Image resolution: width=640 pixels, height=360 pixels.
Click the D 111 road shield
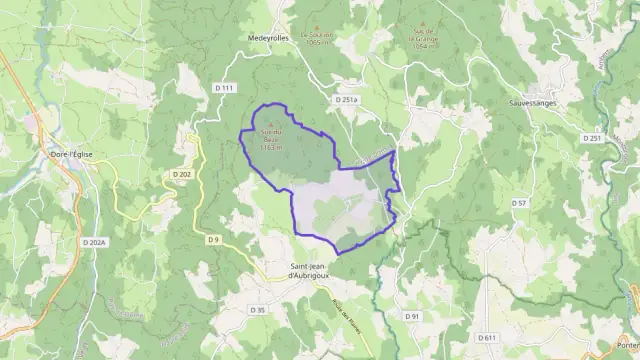tap(224, 89)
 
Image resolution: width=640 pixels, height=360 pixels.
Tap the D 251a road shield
tap(346, 100)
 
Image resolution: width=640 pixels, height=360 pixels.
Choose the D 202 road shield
tap(181, 173)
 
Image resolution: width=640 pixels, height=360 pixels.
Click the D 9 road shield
tap(213, 239)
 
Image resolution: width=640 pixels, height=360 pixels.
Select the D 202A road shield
tap(94, 242)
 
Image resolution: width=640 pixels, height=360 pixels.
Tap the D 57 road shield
tap(519, 203)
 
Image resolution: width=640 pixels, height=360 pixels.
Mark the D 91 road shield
tap(413, 316)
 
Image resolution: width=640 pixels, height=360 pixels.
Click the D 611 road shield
tap(487, 337)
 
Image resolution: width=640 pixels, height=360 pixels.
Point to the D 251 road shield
tap(593, 137)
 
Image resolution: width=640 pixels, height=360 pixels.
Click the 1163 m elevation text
tap(271, 147)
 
